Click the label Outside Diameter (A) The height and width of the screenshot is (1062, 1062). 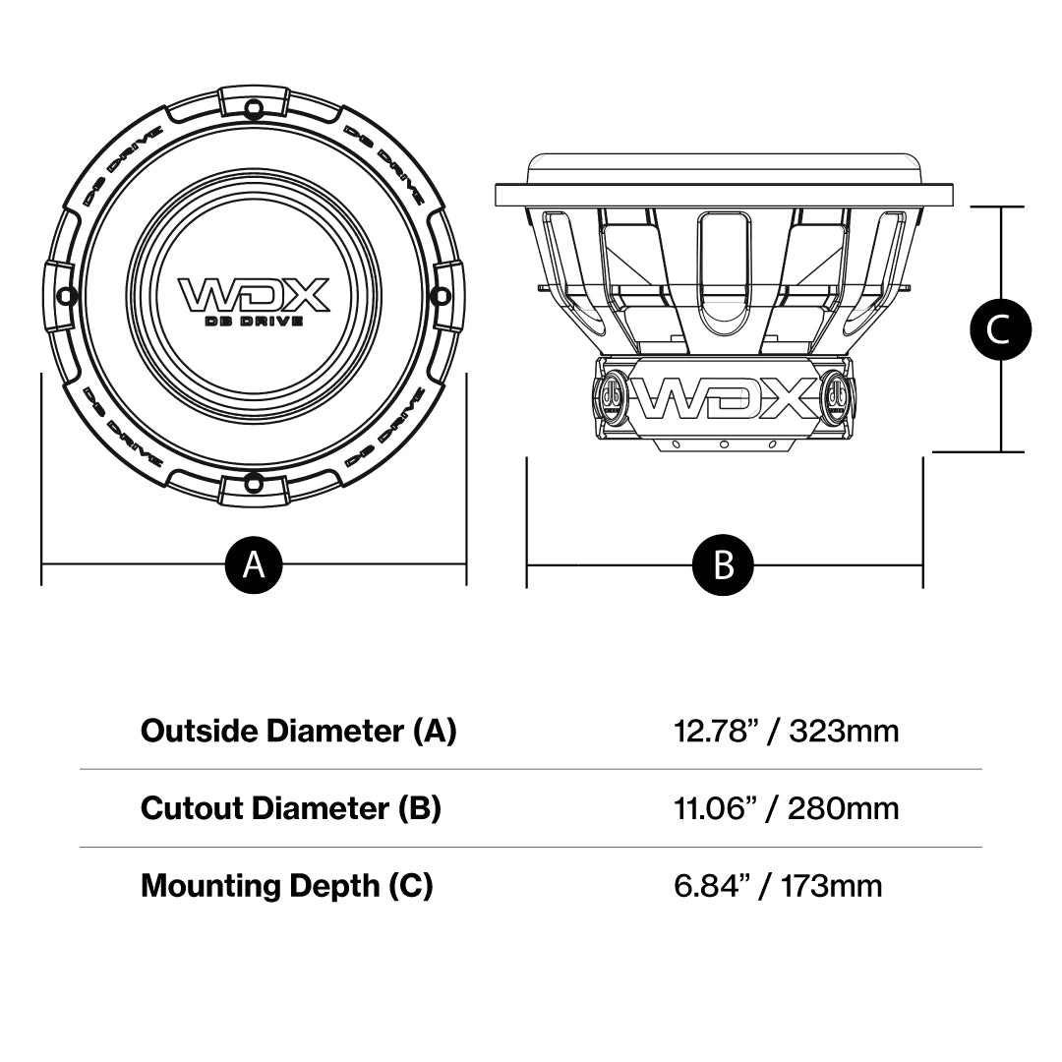[x=298, y=731]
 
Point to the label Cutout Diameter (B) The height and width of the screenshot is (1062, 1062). [x=290, y=808]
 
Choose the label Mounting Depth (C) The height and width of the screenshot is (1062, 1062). [x=286, y=886]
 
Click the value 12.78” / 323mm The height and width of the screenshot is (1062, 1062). [x=786, y=731]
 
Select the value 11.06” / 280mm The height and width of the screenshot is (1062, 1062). [x=786, y=808]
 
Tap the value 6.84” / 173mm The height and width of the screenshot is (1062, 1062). [x=777, y=886]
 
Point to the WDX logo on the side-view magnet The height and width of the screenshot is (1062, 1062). [x=724, y=397]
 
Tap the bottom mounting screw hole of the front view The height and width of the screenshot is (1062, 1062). [x=253, y=482]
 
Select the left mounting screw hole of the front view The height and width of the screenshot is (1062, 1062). [x=65, y=294]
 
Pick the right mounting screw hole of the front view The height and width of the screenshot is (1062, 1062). [x=441, y=294]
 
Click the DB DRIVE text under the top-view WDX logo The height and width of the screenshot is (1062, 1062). [x=253, y=321]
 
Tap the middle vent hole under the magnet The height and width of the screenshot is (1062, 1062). [x=724, y=444]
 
